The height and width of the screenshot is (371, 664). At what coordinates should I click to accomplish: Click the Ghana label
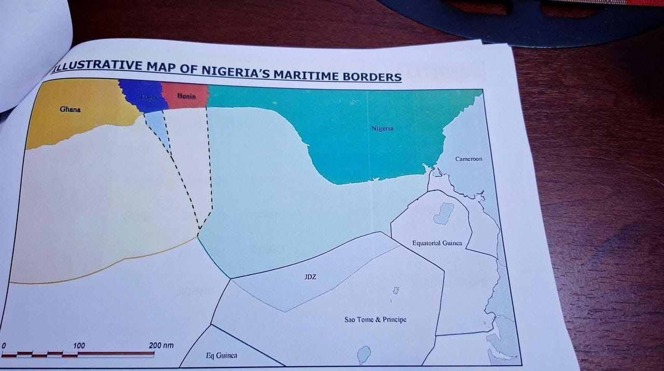(70, 109)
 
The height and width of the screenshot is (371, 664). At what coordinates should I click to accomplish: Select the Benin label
(186, 96)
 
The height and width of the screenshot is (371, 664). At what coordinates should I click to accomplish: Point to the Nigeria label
(382, 128)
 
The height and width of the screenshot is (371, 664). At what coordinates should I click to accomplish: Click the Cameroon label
(468, 159)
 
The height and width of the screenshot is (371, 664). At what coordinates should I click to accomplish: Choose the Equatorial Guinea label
(437, 243)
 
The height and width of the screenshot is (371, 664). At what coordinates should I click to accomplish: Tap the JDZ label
(310, 277)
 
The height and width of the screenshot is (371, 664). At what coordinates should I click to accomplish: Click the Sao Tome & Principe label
(375, 319)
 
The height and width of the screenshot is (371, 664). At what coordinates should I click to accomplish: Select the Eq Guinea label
(222, 355)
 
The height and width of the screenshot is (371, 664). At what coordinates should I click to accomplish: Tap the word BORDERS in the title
(372, 77)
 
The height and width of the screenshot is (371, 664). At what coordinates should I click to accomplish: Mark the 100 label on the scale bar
(79, 346)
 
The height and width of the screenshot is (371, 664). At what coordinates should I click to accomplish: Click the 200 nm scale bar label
(161, 346)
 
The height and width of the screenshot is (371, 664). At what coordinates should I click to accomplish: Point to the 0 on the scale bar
(4, 345)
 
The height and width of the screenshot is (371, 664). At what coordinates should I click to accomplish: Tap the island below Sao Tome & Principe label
(364, 355)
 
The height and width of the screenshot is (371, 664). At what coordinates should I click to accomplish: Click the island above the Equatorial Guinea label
(444, 213)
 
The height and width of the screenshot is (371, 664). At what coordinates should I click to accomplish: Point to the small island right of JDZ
(395, 291)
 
